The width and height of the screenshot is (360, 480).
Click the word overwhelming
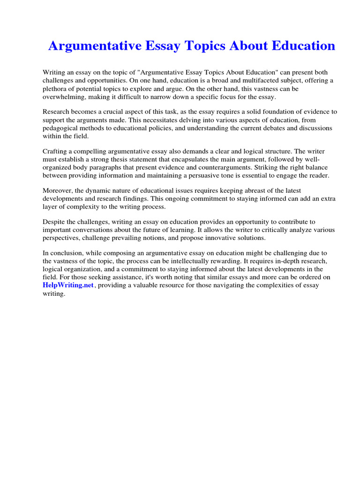tap(67, 96)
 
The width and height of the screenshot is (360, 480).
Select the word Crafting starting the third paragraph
tap(56, 151)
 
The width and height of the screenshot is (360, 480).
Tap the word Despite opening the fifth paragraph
tap(55, 222)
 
